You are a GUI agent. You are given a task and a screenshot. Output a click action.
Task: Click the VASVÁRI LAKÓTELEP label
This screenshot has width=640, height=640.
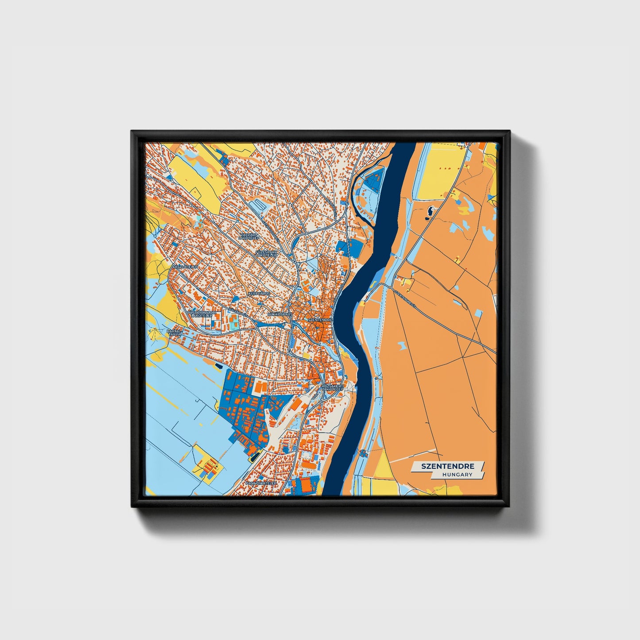click(248, 236)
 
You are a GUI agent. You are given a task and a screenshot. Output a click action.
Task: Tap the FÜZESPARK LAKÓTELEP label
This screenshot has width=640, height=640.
click(267, 253)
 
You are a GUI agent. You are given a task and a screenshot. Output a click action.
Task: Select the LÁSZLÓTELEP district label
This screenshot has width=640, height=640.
click(186, 268)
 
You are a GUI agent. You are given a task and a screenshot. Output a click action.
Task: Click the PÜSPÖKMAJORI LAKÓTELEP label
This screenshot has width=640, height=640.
click(202, 314)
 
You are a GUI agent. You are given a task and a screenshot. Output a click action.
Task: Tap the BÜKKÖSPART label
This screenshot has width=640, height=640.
click(280, 314)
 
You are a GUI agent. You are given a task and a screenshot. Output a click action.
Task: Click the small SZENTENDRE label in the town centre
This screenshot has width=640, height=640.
click(320, 319)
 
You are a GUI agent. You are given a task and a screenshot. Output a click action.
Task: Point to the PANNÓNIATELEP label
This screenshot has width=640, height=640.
click(261, 483)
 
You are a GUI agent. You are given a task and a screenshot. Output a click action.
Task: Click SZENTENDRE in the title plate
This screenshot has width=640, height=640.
click(447, 466)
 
